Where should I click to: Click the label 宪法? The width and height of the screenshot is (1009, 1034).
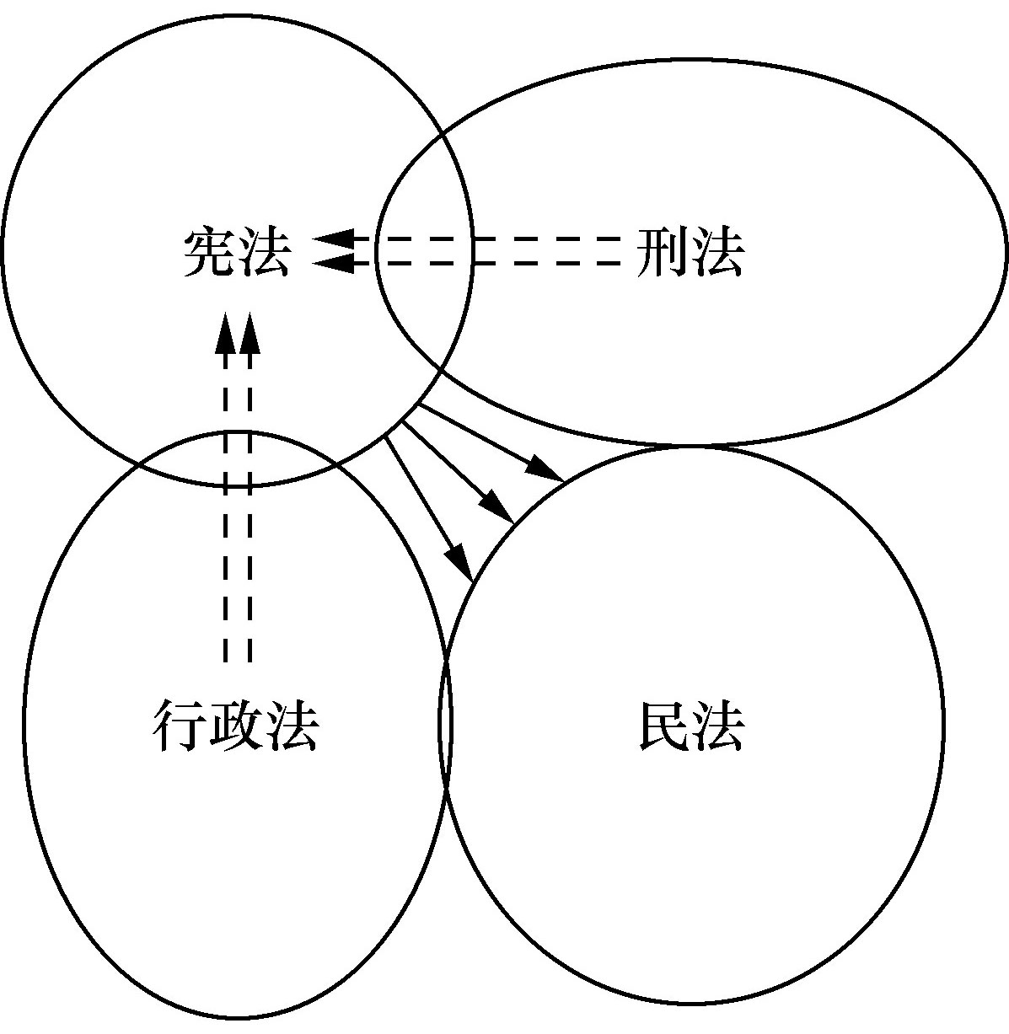tap(236, 252)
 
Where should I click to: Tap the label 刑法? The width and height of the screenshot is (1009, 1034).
tap(690, 252)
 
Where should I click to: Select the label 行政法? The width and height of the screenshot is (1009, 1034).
tap(235, 726)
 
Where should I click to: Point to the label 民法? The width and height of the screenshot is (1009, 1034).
tap(690, 726)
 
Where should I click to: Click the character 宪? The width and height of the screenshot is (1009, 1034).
tap(209, 252)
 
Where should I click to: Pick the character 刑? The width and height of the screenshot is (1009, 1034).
tap(663, 252)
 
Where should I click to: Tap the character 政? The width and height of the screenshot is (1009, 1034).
tap(235, 726)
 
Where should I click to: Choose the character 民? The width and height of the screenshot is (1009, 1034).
tap(663, 726)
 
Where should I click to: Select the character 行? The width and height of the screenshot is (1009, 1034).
tap(180, 726)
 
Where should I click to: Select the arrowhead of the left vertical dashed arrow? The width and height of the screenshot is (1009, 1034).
tap(224, 333)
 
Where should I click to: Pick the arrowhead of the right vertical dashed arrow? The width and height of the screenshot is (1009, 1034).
tap(250, 333)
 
